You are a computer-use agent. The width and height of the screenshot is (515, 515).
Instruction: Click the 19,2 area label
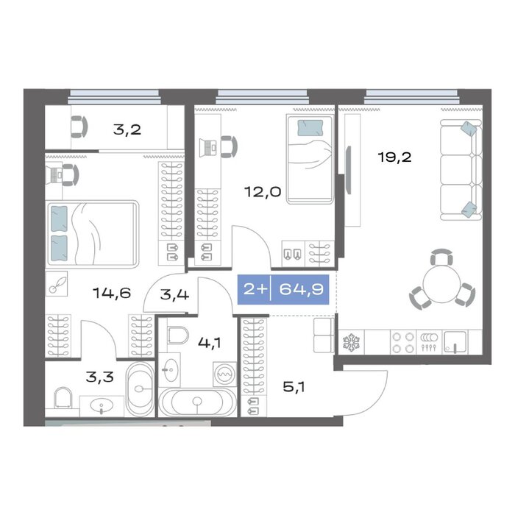pos(394,157)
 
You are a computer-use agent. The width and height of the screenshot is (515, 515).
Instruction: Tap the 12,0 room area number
pos(263,191)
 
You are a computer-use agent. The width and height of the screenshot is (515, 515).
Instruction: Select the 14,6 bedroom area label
pos(112,293)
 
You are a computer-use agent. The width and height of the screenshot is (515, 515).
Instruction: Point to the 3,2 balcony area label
pos(127,129)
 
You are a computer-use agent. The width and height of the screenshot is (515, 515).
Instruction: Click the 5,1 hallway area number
pos(294,387)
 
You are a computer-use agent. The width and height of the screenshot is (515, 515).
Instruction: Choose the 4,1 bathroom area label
pos(209,343)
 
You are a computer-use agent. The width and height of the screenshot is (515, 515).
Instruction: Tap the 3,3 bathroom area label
pos(100,377)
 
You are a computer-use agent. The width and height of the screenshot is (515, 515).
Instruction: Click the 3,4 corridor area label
pos(174,294)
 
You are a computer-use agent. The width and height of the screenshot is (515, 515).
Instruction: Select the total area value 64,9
pos(301,289)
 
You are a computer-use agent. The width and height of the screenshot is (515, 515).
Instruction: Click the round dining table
pos(441,284)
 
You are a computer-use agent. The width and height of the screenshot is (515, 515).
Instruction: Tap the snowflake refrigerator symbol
pos(352,342)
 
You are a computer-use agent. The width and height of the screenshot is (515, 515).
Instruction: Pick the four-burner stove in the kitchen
pos(403,342)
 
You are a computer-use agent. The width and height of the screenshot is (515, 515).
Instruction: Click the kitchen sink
pos(455,342)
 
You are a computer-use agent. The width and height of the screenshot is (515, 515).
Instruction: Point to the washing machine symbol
pos(224,374)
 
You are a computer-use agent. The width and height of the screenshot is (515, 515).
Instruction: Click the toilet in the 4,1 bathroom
pos(178,335)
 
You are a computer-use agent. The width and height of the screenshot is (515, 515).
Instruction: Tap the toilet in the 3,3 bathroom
pos(63,397)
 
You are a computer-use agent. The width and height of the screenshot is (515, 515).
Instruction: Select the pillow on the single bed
pos(310,128)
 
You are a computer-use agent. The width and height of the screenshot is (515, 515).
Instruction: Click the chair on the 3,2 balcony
pos(79,127)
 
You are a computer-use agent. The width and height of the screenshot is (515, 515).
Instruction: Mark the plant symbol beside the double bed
pos(57,283)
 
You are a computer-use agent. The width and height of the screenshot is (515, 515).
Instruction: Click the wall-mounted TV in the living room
pos(349,169)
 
